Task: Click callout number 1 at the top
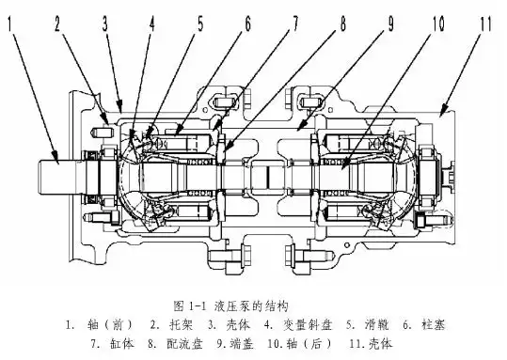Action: (x=10, y=24)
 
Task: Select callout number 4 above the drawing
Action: (x=151, y=23)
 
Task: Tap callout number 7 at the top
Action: (x=295, y=23)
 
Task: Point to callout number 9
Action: (x=390, y=23)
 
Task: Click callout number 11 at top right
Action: (x=485, y=23)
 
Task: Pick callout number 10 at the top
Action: (x=438, y=23)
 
